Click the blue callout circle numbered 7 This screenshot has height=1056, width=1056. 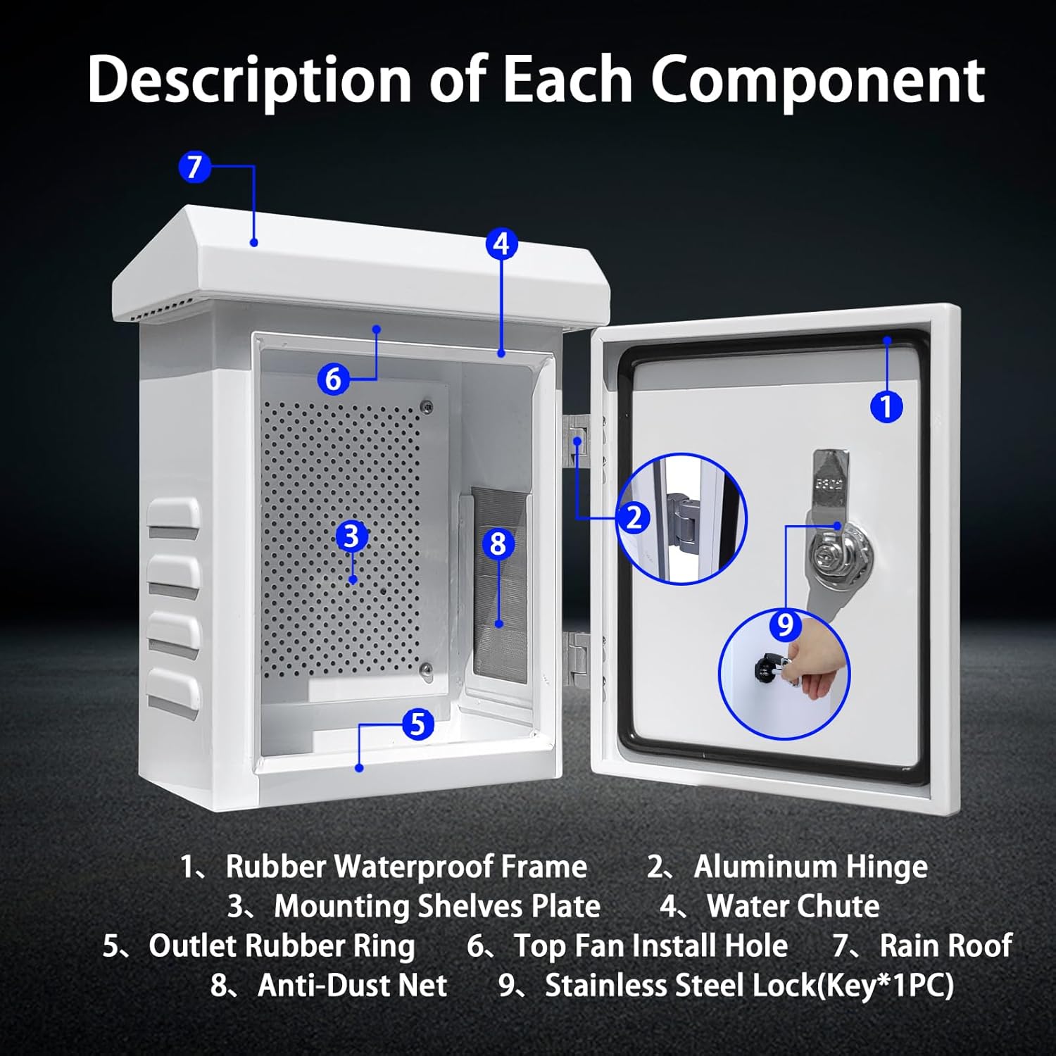tap(194, 168)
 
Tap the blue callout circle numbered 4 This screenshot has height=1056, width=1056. tap(501, 244)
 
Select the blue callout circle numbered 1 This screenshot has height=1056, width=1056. tap(886, 406)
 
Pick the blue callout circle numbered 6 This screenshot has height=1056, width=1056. tap(333, 379)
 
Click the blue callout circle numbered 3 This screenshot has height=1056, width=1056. tap(351, 536)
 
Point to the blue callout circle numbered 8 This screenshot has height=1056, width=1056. tap(498, 543)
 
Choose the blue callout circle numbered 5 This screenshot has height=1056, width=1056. tap(417, 724)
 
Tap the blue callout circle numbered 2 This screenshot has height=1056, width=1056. tap(634, 518)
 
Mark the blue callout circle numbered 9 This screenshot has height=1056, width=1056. tap(785, 625)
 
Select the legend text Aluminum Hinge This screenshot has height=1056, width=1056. tap(810, 867)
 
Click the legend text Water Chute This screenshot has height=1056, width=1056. tap(793, 906)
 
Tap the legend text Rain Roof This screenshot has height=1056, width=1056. tap(945, 945)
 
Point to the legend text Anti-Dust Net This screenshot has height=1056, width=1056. tap(352, 985)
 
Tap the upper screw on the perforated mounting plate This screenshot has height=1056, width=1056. tap(426, 406)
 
